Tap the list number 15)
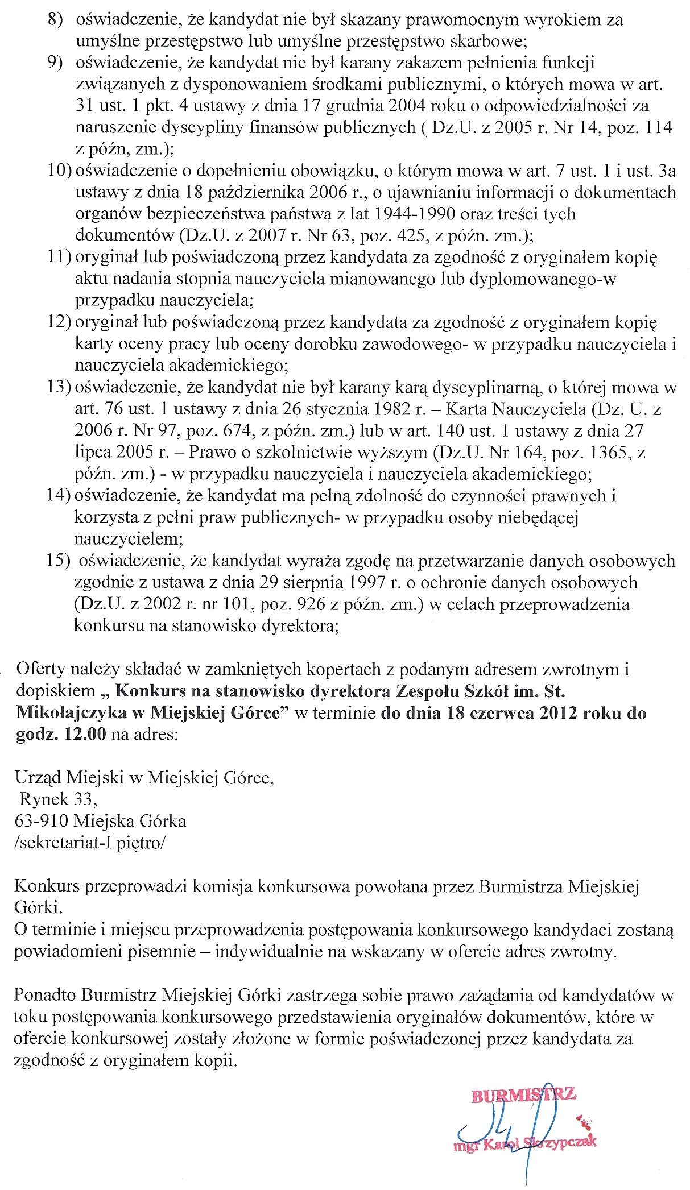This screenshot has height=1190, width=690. point(57,561)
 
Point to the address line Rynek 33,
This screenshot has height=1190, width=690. point(58,799)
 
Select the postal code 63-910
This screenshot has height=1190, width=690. point(42,821)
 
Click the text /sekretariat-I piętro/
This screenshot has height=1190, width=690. point(89,843)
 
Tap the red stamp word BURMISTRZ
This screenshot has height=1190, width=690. point(523,1095)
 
